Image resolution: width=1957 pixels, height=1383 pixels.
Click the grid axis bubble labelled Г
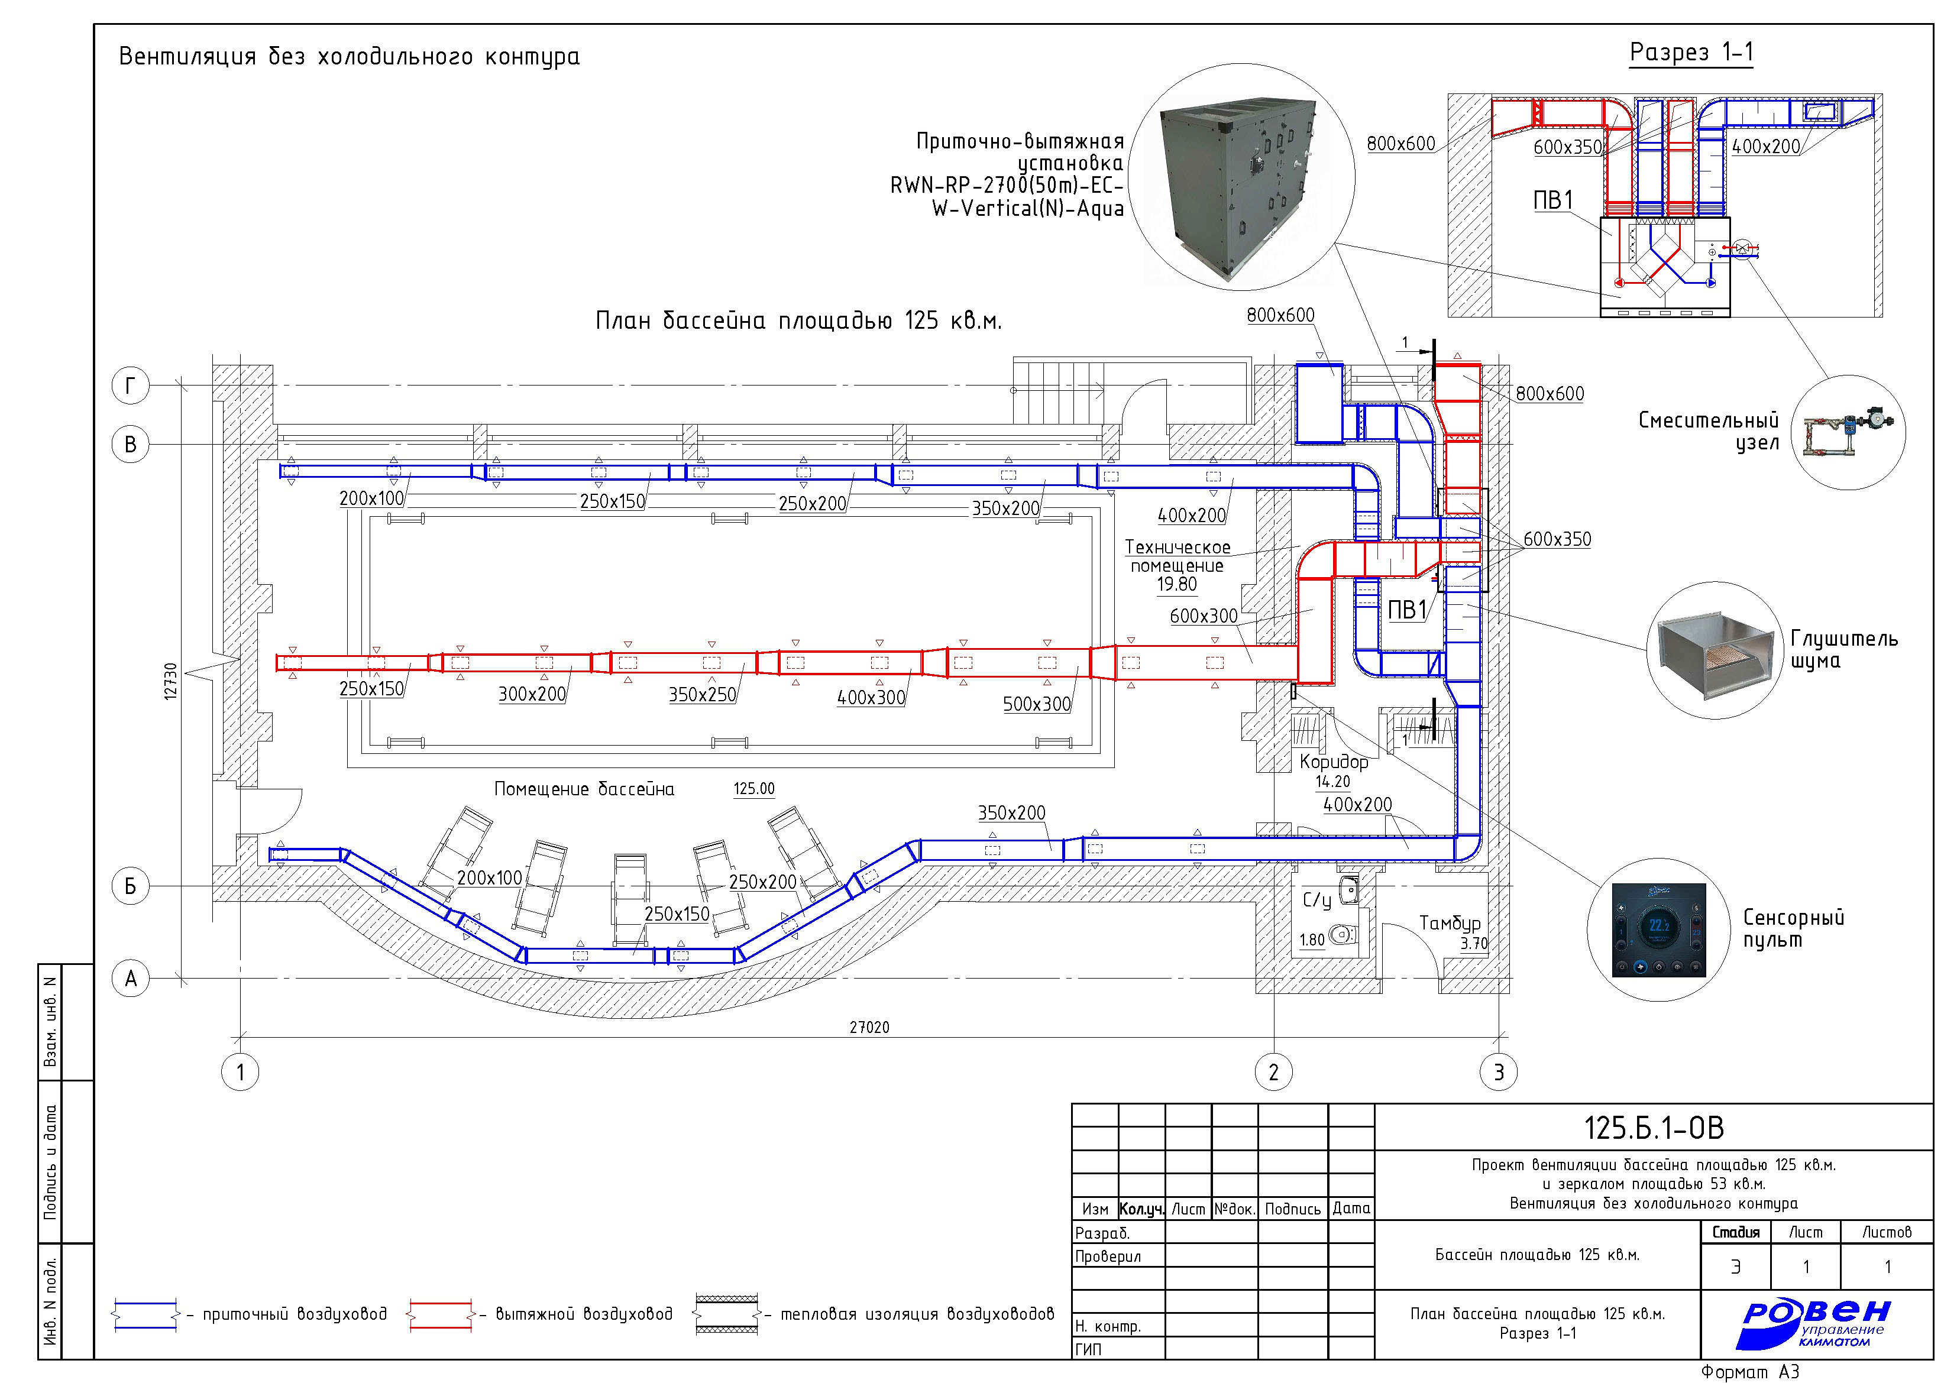click(x=131, y=386)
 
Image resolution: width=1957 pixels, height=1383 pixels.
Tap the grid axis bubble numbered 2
click(x=1273, y=1072)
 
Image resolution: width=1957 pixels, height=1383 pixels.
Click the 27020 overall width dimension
click(x=869, y=1028)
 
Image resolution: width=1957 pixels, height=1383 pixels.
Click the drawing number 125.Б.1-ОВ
click(x=1654, y=1128)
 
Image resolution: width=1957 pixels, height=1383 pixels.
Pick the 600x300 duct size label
click(x=1204, y=616)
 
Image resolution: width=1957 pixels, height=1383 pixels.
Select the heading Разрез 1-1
click(x=1691, y=53)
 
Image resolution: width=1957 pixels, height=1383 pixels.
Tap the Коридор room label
click(x=1333, y=762)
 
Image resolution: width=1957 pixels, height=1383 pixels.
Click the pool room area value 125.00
click(x=754, y=789)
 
